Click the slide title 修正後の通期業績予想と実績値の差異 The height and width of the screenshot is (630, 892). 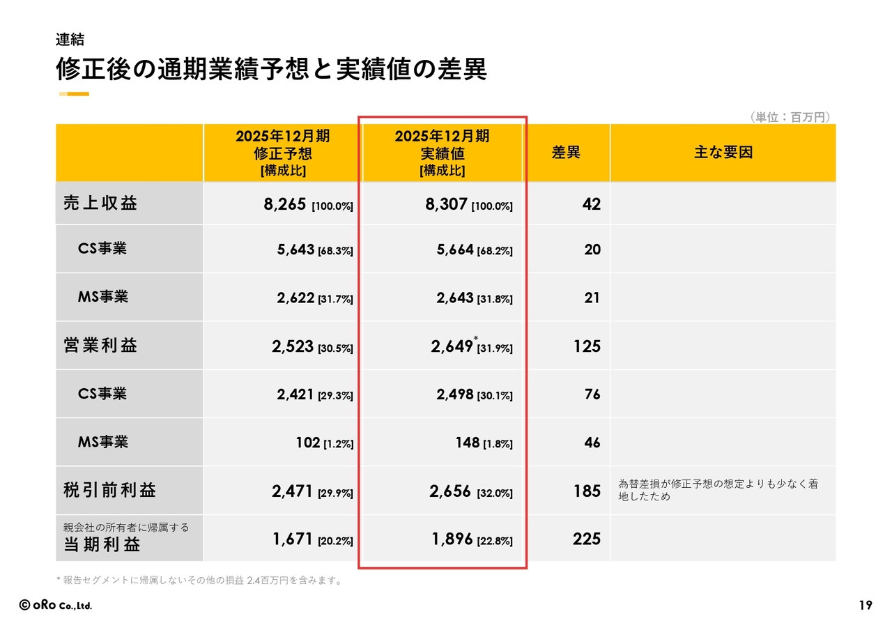point(271,70)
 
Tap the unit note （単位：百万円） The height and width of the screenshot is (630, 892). point(791,117)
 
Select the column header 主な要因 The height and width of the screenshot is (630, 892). point(723,153)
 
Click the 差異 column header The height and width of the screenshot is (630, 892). point(566,153)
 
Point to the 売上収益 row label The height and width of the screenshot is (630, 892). point(100,203)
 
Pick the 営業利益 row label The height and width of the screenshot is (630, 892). point(100,346)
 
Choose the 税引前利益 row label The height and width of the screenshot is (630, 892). point(109,490)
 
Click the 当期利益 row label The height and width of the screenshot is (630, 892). point(102,545)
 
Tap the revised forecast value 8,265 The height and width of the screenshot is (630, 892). point(286,204)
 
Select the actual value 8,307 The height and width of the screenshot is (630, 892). point(446,204)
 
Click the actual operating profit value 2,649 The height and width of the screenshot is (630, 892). point(452,346)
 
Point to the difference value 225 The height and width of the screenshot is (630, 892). point(586,539)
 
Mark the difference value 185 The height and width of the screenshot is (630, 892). point(587,491)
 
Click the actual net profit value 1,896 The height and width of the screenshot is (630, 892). point(452,539)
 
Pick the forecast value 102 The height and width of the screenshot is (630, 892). point(307,443)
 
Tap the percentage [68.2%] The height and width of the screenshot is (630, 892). point(495,251)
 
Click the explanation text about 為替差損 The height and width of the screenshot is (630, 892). point(718,490)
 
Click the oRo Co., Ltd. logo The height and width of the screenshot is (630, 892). point(55,606)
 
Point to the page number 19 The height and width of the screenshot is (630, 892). point(865,606)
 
